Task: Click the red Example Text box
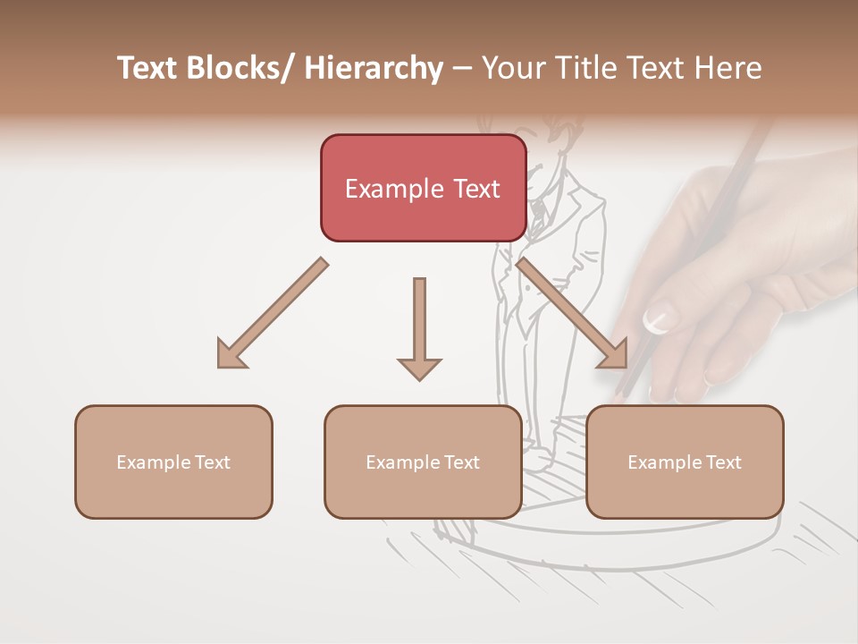423,188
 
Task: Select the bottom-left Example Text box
173,462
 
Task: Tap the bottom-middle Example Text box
423,462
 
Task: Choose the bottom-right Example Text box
685,462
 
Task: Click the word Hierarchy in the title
374,68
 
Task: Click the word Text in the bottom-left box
212,462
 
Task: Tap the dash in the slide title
462,68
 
